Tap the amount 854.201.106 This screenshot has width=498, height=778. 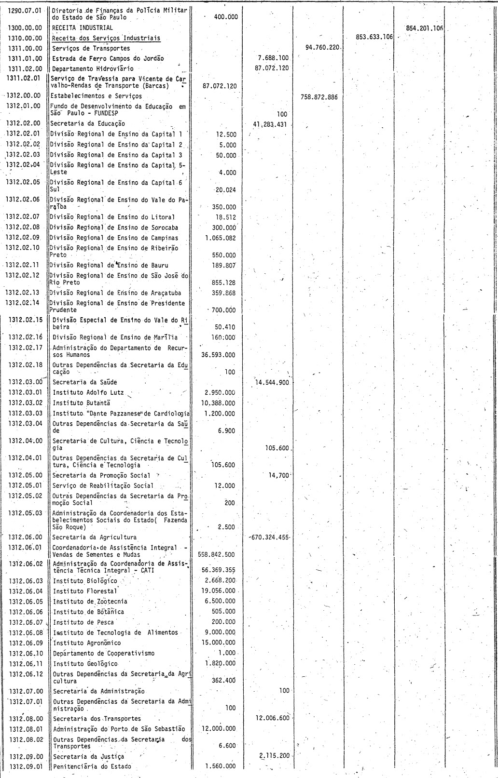(x=425, y=28)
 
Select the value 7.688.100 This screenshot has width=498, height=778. (x=273, y=58)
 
